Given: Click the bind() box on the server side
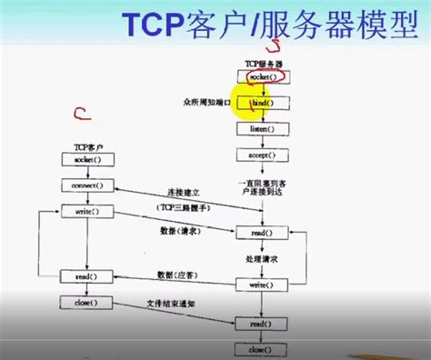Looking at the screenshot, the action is (x=263, y=104).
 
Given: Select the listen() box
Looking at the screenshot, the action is (x=263, y=129).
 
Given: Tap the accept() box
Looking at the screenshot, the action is (x=263, y=155).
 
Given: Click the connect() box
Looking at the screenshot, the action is (x=86, y=185).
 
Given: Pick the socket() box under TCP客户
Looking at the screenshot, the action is (x=86, y=159).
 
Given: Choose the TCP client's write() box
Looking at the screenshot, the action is (x=86, y=211).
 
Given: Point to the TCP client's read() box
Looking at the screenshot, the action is (x=86, y=275).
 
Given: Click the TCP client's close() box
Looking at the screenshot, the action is (x=86, y=301).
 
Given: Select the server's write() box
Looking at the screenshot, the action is (x=263, y=285).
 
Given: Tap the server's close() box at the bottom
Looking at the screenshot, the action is (x=263, y=348).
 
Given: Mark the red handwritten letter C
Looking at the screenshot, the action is (x=81, y=115).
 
